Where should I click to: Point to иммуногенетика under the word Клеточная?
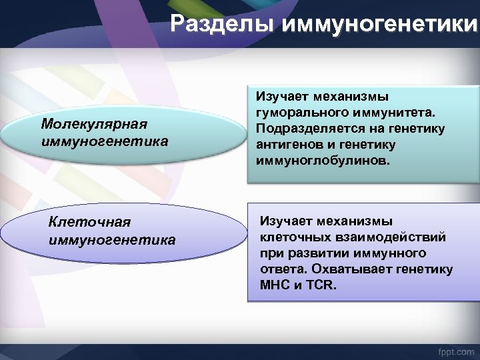[113, 239]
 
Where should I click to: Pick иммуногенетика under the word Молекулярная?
[105, 141]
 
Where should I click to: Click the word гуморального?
[291, 112]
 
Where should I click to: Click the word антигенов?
[285, 145]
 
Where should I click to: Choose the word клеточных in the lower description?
[289, 237]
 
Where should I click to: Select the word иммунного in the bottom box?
[393, 253]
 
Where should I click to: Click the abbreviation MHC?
[275, 285]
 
